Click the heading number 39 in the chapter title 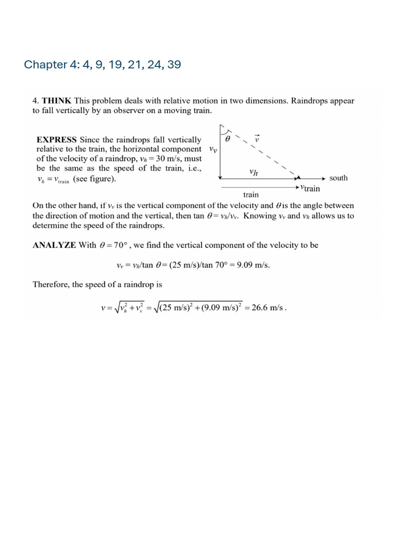174,65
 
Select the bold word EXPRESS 57,140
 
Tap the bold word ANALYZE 55,246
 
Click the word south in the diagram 338,178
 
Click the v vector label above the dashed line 257,138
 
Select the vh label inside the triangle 254,172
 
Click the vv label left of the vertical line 213,150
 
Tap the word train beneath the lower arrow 251,195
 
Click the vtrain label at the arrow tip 310,188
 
